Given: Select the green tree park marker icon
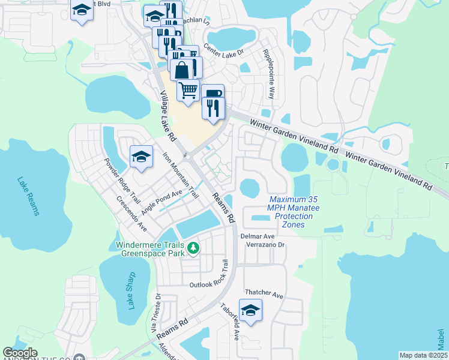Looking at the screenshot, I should (193, 247).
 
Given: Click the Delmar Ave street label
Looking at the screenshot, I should (258, 236).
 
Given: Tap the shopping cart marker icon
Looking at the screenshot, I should (188, 90).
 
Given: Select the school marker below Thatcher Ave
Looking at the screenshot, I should (250, 310).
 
